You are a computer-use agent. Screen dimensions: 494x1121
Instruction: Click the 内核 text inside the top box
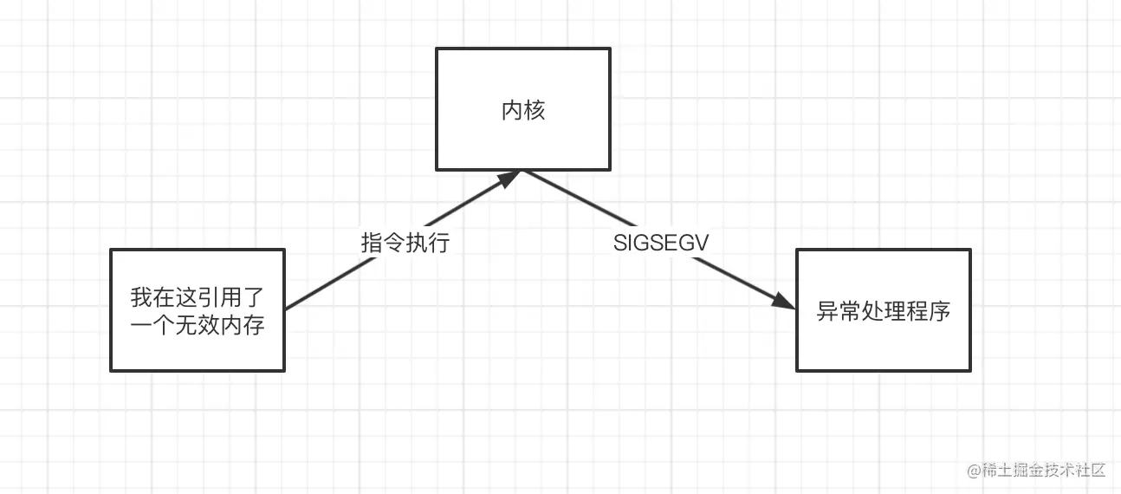pyautogui.click(x=523, y=110)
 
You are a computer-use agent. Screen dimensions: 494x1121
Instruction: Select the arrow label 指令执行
pyautogui.click(x=405, y=243)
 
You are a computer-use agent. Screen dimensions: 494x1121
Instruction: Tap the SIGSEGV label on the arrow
pyautogui.click(x=661, y=243)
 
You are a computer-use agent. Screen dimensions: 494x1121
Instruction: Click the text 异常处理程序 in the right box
pyautogui.click(x=884, y=311)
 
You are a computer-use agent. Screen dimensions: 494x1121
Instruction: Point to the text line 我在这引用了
pyautogui.click(x=198, y=298)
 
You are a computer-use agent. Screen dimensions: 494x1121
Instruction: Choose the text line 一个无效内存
pyautogui.click(x=198, y=326)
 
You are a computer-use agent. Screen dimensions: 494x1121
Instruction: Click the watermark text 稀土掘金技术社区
pyautogui.click(x=1043, y=471)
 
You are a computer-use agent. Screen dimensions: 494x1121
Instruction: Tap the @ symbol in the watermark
pyautogui.click(x=973, y=471)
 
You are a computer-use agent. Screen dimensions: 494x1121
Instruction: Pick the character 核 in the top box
pyautogui.click(x=535, y=110)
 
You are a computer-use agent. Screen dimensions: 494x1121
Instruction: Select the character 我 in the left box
pyautogui.click(x=141, y=298)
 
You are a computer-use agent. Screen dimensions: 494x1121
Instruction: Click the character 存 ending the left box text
pyautogui.click(x=254, y=326)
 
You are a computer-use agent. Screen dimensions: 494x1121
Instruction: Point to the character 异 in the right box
pyautogui.click(x=827, y=311)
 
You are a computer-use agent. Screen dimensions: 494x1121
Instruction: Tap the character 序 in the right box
pyautogui.click(x=940, y=311)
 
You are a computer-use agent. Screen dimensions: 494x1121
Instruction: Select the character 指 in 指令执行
pyautogui.click(x=372, y=243)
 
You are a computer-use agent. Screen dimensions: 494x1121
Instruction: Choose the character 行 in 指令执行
pyautogui.click(x=439, y=243)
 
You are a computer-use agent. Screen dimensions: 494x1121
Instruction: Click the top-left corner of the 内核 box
pyautogui.click(x=437, y=49)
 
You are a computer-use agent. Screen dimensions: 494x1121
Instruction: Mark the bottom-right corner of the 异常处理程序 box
pyautogui.click(x=969, y=370)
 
